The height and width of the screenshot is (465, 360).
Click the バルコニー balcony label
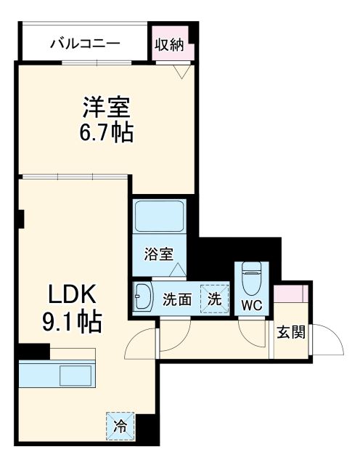84,44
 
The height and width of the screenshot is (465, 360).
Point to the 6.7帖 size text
106,133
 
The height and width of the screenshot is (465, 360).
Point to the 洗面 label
176,299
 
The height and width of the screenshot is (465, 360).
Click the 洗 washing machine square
214,297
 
